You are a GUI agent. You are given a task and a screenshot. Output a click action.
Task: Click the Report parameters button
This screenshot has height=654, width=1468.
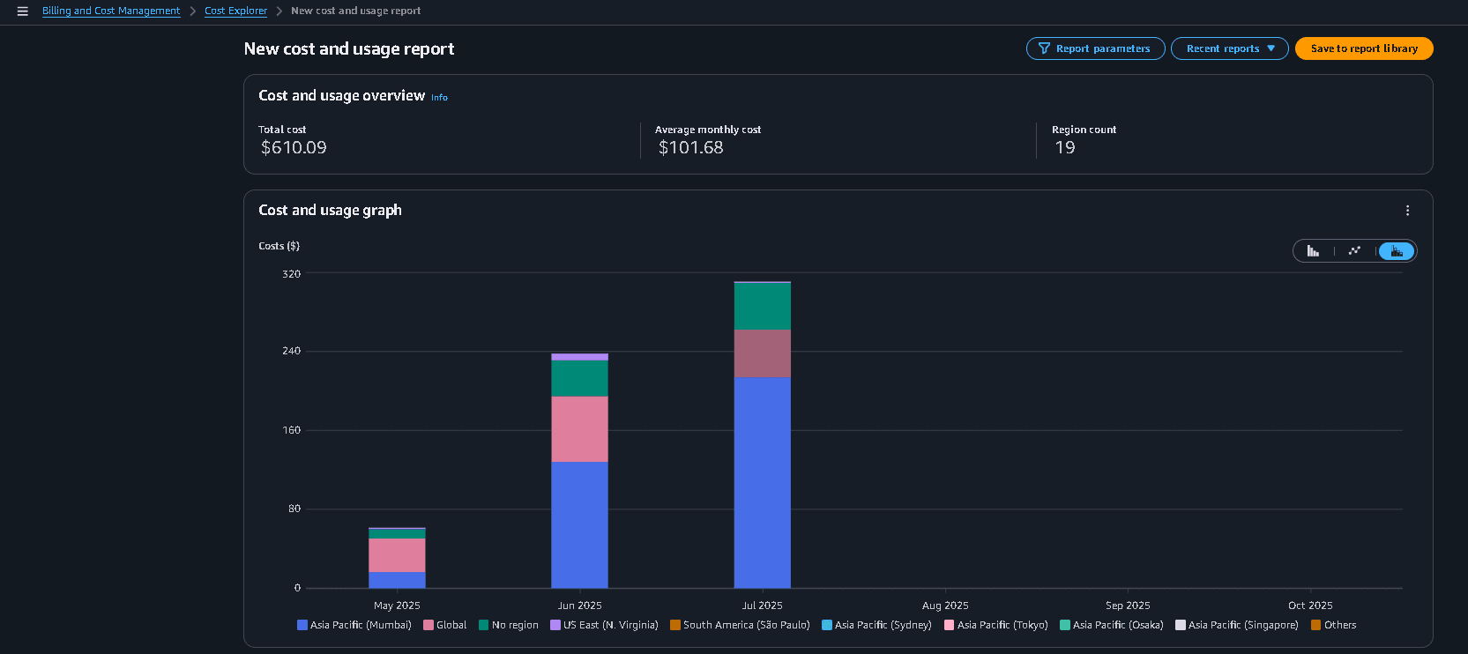click(x=1095, y=48)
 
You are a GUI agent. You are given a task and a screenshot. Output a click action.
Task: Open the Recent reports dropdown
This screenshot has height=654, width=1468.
click(x=1229, y=48)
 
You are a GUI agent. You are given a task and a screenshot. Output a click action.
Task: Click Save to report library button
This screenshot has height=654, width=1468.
click(x=1363, y=48)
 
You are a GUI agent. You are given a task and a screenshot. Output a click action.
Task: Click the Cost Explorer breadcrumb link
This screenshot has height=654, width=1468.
click(x=235, y=11)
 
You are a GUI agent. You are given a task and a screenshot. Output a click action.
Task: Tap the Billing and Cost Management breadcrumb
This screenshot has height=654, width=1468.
click(x=111, y=11)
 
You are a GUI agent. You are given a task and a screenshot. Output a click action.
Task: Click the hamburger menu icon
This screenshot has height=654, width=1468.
click(x=23, y=11)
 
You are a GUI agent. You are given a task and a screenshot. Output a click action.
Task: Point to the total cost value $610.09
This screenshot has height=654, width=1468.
click(x=294, y=148)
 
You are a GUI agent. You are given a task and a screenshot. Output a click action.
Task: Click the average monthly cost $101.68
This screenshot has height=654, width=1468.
click(x=690, y=148)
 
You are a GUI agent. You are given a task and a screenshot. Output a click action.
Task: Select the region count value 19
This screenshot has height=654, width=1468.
click(x=1065, y=148)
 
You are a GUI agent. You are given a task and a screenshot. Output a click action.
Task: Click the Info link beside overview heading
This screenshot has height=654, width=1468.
click(x=439, y=98)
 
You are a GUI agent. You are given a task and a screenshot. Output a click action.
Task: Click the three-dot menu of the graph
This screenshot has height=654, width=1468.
click(x=1407, y=211)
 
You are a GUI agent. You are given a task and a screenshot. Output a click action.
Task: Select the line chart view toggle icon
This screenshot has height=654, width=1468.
click(x=1354, y=251)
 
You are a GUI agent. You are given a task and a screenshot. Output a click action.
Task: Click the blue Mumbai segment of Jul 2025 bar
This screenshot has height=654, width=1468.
click(x=762, y=481)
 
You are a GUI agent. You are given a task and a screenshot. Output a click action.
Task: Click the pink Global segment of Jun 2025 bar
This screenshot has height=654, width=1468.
click(x=579, y=428)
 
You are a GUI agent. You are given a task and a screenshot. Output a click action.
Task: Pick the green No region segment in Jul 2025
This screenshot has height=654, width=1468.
click(x=762, y=306)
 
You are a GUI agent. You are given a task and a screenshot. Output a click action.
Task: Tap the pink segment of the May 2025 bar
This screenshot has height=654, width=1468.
click(x=397, y=554)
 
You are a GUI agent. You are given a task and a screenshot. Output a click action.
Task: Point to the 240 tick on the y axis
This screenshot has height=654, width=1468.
click(x=291, y=351)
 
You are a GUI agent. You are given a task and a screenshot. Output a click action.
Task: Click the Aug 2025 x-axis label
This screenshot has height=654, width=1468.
click(x=944, y=606)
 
